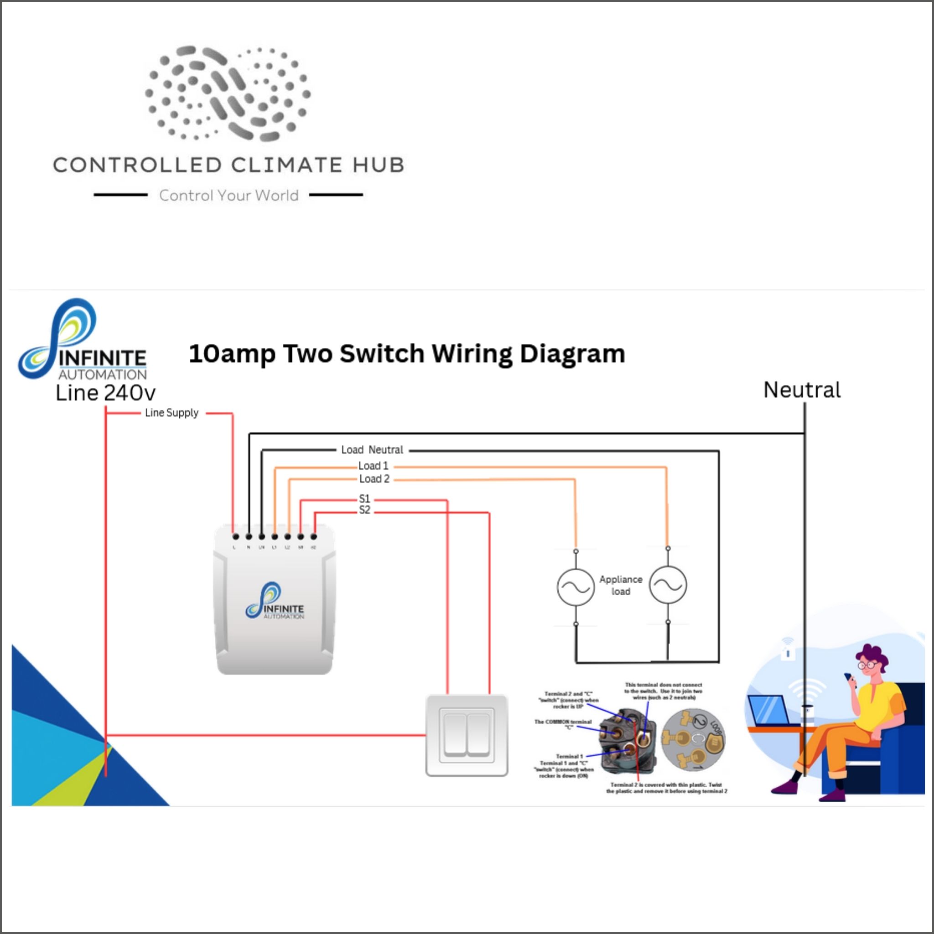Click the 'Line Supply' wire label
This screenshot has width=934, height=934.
(171, 413)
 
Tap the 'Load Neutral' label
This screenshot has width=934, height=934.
(372, 450)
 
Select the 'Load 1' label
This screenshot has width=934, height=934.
(373, 466)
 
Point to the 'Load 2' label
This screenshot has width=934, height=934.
(374, 478)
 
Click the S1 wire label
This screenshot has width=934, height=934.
(364, 498)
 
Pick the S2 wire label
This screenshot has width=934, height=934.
(364, 510)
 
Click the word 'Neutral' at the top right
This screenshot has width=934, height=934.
(802, 390)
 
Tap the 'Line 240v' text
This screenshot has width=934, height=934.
(105, 393)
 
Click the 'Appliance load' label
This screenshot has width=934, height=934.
(621, 585)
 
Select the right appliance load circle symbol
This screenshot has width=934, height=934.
(668, 585)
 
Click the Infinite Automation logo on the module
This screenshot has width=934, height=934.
(275, 601)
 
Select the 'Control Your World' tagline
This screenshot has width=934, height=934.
(228, 195)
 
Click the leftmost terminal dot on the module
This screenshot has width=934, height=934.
(235, 537)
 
